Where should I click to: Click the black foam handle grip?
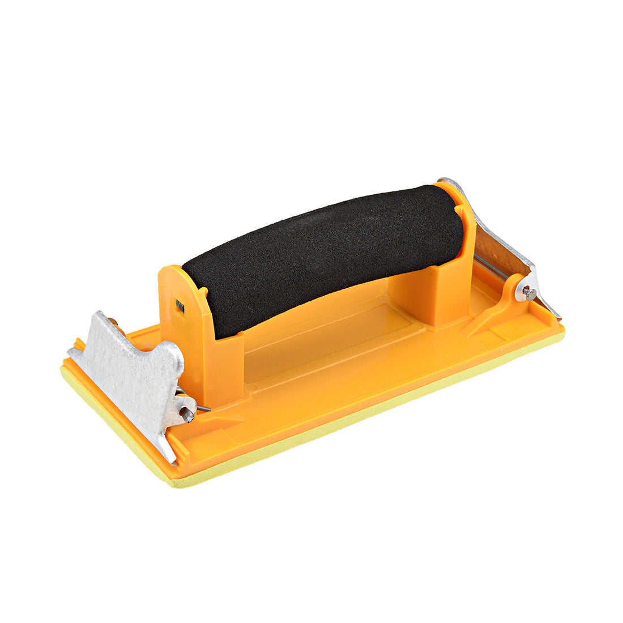323,255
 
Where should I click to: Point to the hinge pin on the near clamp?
188,417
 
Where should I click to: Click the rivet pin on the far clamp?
530,293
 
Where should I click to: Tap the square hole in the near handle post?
180,306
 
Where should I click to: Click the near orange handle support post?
227,362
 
